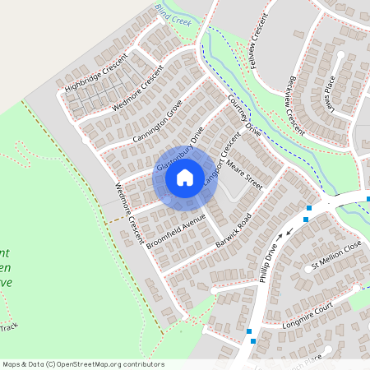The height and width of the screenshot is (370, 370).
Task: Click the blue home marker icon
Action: pos(185,177)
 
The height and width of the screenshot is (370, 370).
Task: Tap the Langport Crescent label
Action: pos(218,169)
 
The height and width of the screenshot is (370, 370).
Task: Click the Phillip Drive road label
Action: pos(270,260)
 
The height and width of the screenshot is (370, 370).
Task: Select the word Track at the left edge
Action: pos(8,326)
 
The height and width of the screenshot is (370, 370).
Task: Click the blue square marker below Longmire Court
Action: pos(252,340)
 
